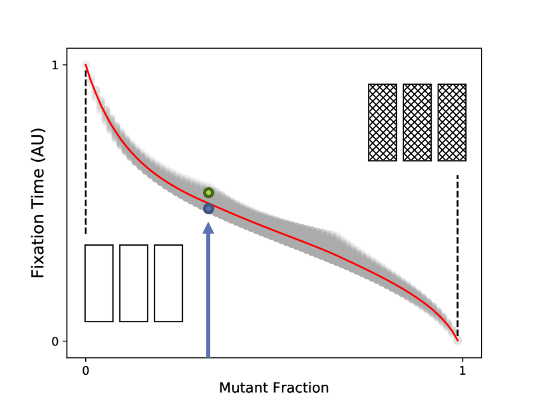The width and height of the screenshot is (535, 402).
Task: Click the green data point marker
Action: [x=208, y=193]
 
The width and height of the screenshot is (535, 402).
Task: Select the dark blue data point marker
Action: [x=208, y=209]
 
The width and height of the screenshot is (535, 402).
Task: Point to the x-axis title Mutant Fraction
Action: [x=273, y=387]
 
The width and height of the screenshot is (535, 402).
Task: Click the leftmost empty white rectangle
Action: [x=99, y=284]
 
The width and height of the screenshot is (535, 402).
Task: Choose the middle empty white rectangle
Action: [x=134, y=284]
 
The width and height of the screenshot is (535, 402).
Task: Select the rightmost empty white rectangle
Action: [x=168, y=284]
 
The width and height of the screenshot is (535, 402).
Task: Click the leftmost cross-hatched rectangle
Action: [x=383, y=122]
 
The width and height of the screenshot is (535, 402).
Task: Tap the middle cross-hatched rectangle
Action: [x=417, y=122]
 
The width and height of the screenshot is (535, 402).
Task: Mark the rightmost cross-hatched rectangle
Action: [x=452, y=122]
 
